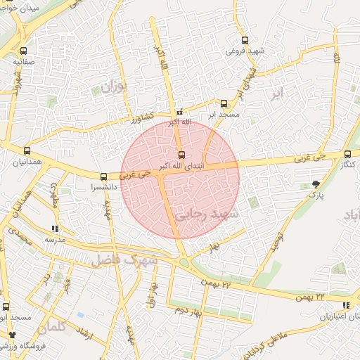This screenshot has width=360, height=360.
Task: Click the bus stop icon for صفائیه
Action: (24, 51)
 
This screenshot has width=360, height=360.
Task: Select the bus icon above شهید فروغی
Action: (244, 40)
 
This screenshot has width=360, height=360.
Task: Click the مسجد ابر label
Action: (224, 114)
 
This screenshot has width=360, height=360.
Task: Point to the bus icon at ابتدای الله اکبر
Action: (181, 155)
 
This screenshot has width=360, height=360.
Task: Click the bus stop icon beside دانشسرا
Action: (104, 176)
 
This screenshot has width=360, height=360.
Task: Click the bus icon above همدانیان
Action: (27, 150)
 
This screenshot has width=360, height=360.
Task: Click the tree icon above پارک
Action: (315, 184)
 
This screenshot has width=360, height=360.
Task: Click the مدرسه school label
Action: (55, 239)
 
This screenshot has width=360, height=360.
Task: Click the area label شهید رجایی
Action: (211, 213)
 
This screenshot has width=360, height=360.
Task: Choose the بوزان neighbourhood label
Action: (112, 87)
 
